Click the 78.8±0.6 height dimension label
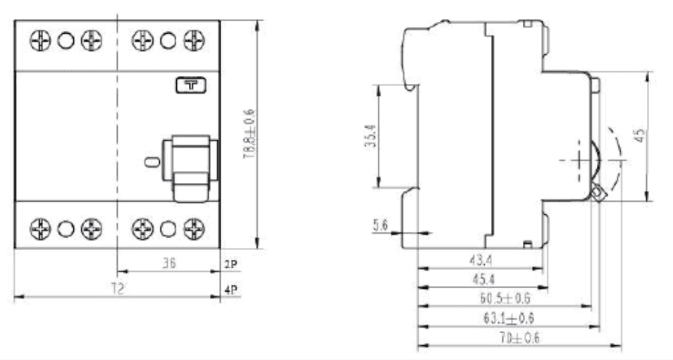pos(249,135)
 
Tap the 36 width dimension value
pos(169,263)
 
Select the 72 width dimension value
pos(117,288)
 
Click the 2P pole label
pos(231,264)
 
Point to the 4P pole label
pos(231,290)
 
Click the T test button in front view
pos(191,85)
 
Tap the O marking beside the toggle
pos(152,162)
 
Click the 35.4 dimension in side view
pos(371,136)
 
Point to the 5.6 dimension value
pos(381,225)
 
